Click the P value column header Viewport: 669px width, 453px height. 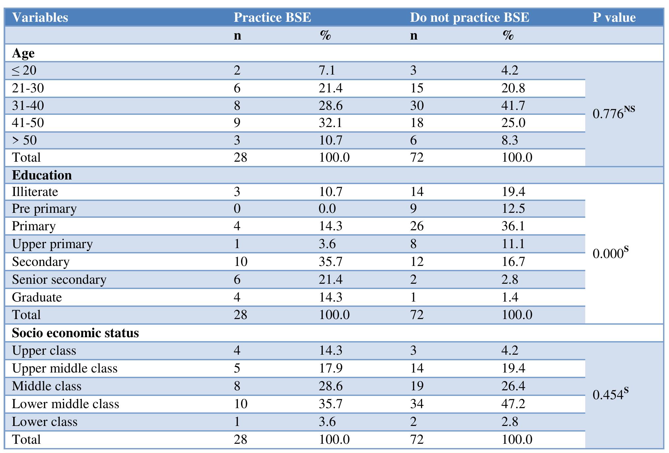pyautogui.click(x=614, y=17)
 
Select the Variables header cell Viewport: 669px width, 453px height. pyautogui.click(x=40, y=17)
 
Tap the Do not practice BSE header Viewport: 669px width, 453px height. pyautogui.click(x=469, y=17)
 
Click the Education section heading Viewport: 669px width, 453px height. pyautogui.click(x=42, y=175)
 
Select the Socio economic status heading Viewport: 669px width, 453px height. pyautogui.click(x=75, y=333)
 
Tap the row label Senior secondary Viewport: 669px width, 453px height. pyautogui.click(x=59, y=279)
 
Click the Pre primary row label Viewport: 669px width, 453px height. pyautogui.click(x=44, y=209)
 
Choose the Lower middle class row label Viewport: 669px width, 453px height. pyautogui.click(x=65, y=404)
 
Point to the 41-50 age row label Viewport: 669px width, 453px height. pyautogui.click(x=28, y=123)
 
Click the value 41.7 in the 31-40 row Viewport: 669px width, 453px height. pyautogui.click(x=513, y=106)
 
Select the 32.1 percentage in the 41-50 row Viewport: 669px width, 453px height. pyautogui.click(x=330, y=123)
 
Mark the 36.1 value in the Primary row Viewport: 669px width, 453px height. pyautogui.click(x=513, y=226)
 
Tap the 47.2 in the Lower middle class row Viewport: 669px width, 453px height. pyautogui.click(x=513, y=404)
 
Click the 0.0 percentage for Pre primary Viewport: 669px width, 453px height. pyautogui.click(x=327, y=209)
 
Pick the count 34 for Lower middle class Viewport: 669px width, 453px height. pyautogui.click(x=417, y=404)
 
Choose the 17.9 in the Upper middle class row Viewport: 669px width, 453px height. pyautogui.click(x=330, y=368)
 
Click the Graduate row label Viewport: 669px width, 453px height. pyautogui.click(x=37, y=297)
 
